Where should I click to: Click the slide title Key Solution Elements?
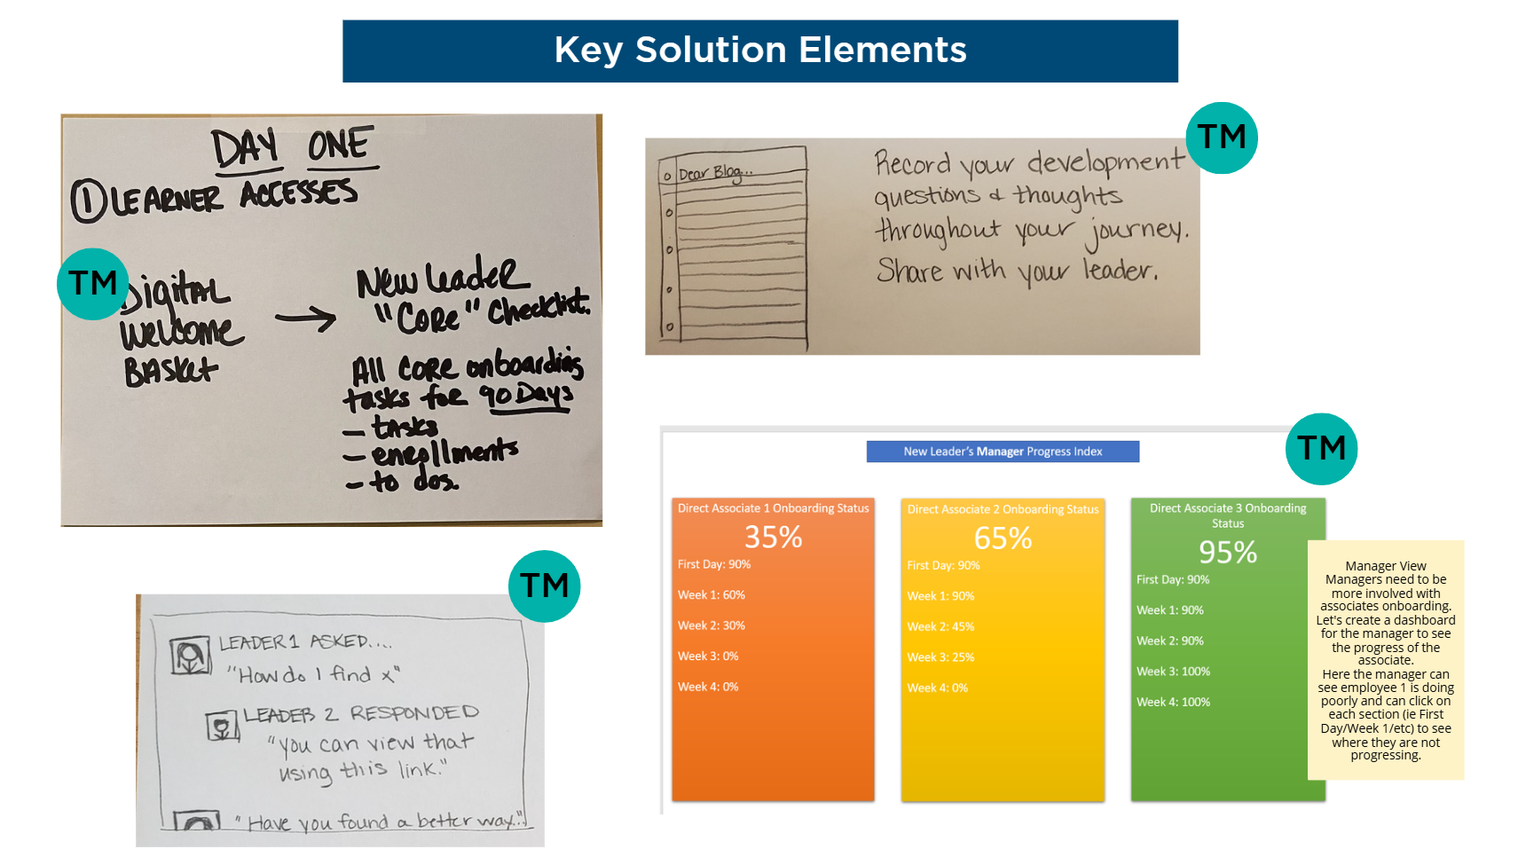(x=760, y=51)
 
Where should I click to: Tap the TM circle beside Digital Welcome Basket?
(x=93, y=284)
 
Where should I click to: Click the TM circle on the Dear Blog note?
(x=1222, y=138)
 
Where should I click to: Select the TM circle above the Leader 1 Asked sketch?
(x=544, y=586)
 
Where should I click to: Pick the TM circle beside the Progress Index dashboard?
(x=1321, y=449)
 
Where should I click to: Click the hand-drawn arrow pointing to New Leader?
(x=305, y=318)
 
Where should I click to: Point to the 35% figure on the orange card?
(x=773, y=537)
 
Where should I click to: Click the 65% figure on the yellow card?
(x=1003, y=538)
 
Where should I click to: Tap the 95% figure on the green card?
(x=1228, y=552)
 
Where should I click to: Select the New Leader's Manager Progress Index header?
(x=1003, y=452)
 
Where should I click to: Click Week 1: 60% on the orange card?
(x=712, y=595)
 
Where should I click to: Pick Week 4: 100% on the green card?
(x=1173, y=702)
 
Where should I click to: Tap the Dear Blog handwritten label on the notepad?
(x=715, y=173)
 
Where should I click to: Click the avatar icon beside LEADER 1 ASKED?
(x=190, y=657)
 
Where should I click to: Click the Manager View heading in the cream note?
(x=1385, y=566)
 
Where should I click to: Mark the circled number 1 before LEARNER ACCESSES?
(x=88, y=200)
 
